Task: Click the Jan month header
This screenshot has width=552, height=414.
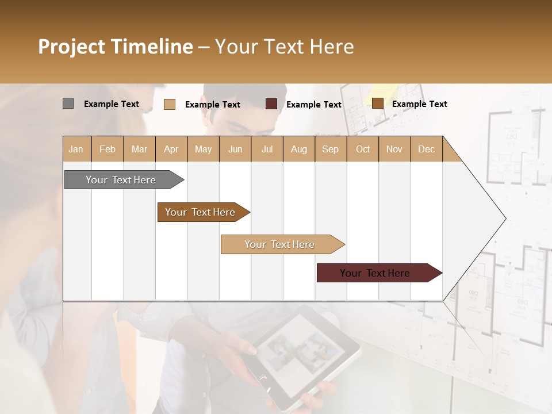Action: (x=76, y=149)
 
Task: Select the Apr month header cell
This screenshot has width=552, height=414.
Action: (x=171, y=149)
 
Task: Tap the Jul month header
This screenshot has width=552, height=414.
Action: (x=267, y=149)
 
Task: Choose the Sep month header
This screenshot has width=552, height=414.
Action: (x=330, y=149)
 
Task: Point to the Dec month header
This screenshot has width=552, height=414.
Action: (x=426, y=149)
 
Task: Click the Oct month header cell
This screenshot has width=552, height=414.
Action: (x=362, y=149)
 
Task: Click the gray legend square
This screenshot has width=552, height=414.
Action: (x=68, y=103)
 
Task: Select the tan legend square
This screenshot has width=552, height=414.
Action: (x=170, y=104)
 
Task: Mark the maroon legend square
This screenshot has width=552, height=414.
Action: (x=271, y=104)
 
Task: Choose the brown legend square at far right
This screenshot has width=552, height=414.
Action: (x=377, y=103)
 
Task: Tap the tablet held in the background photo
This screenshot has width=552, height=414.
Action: (x=299, y=354)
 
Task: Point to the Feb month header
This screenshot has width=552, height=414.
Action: (x=108, y=149)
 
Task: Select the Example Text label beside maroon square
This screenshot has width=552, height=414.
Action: (x=313, y=105)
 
